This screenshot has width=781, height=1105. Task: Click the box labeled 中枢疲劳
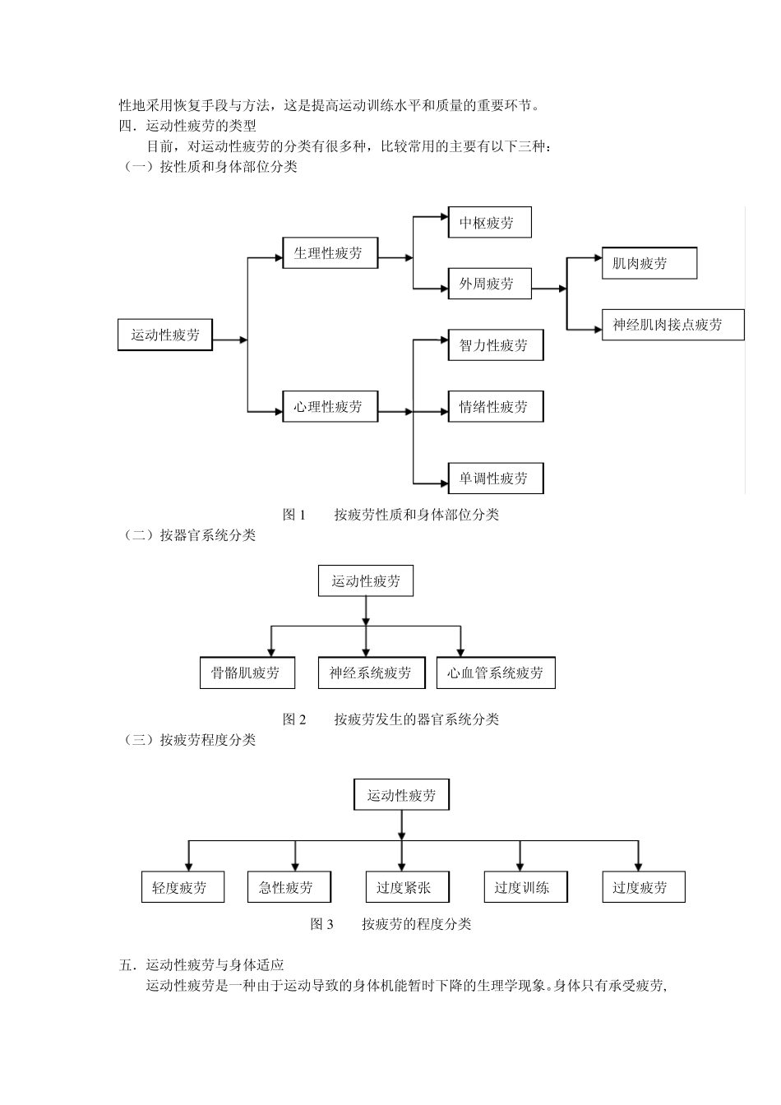[489, 223]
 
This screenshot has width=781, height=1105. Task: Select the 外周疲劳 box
[489, 284]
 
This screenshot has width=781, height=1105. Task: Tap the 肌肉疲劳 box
[649, 264]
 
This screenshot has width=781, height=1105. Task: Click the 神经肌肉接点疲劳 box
[672, 325]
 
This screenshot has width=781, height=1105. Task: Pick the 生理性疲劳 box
[330, 253]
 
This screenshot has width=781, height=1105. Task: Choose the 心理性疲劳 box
[330, 407]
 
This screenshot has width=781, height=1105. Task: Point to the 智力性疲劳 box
[495, 345]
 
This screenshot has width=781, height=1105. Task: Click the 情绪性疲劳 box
[495, 407]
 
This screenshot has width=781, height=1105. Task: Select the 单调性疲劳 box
[495, 479]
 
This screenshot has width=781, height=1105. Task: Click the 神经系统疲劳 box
[371, 673]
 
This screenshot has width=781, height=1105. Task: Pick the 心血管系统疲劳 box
[495, 673]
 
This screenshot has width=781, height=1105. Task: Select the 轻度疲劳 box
[182, 887]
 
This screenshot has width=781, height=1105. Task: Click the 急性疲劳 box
[288, 887]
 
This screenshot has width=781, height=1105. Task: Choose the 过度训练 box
[524, 887]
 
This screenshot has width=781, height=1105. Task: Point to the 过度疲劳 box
[642, 887]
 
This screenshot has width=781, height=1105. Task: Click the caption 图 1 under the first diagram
[294, 515]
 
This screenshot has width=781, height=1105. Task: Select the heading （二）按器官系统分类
[188, 535]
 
